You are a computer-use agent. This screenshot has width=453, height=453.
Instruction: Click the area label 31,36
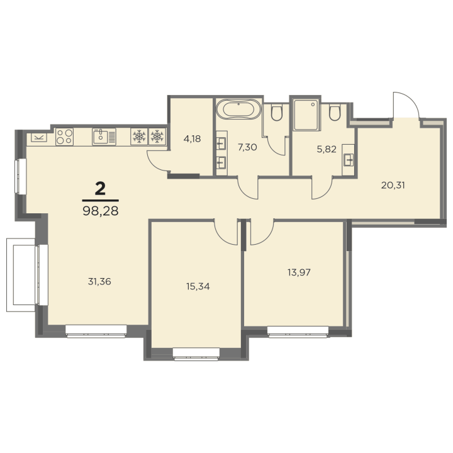click(99, 281)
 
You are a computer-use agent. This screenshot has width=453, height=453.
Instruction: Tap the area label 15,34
click(198, 286)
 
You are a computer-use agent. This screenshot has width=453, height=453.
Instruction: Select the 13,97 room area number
click(299, 272)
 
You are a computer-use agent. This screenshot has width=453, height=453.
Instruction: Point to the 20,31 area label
click(393, 185)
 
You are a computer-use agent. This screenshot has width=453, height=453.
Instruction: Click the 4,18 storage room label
click(192, 138)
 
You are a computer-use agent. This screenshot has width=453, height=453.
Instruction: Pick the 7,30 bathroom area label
click(247, 147)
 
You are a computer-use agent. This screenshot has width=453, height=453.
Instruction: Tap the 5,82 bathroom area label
click(327, 149)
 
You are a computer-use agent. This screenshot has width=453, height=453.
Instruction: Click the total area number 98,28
click(101, 211)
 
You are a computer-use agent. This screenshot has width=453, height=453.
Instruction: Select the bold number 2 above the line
click(100, 189)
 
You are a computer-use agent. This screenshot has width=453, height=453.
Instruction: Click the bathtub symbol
click(238, 109)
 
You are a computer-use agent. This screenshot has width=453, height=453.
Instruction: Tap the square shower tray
click(306, 115)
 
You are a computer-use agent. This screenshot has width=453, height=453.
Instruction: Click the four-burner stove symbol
click(64, 137)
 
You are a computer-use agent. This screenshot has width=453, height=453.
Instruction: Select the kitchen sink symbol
click(104, 137)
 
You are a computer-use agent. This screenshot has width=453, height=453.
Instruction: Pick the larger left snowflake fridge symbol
click(139, 137)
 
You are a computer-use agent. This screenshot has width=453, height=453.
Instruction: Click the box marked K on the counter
click(39, 137)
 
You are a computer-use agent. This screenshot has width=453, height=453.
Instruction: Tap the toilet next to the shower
click(335, 113)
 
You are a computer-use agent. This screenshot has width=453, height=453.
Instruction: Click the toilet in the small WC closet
click(277, 113)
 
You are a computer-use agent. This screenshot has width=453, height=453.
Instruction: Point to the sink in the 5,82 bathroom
click(349, 160)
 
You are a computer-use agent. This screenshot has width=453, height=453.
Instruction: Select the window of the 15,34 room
click(196, 354)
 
